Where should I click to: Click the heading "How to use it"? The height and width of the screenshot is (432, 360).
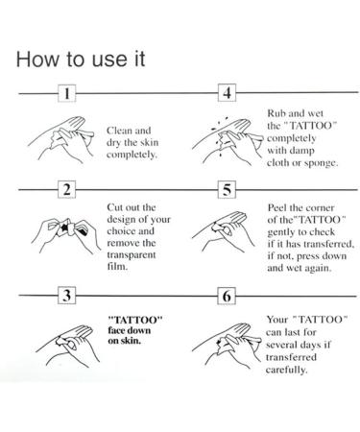coord(81,60)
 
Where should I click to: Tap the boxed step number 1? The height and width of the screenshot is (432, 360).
coord(67,93)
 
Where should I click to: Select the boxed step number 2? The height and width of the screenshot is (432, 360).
coord(67,189)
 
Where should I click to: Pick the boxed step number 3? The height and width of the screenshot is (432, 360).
coord(67,295)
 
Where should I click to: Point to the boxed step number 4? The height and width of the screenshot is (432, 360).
coord(227,93)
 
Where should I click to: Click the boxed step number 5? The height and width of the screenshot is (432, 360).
coord(227,189)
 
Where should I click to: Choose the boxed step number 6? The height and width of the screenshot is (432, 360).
coord(227,296)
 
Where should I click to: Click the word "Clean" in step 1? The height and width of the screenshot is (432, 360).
coord(119,131)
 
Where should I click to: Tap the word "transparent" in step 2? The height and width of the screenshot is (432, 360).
coord(132,254)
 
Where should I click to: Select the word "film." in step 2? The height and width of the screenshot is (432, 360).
coord(117,266)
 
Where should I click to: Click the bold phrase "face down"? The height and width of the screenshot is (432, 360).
coord(130,330)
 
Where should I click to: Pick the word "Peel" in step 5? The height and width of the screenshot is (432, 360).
coord(276,207)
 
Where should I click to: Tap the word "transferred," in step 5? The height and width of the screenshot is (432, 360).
coord(328,244)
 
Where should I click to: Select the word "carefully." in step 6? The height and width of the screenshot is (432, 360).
coord(286,370)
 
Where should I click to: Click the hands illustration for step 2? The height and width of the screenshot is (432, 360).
coord(65,231)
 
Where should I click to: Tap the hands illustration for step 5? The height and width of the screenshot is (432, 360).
coord(224,231)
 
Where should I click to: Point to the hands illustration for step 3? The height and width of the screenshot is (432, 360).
coord(68,346)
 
